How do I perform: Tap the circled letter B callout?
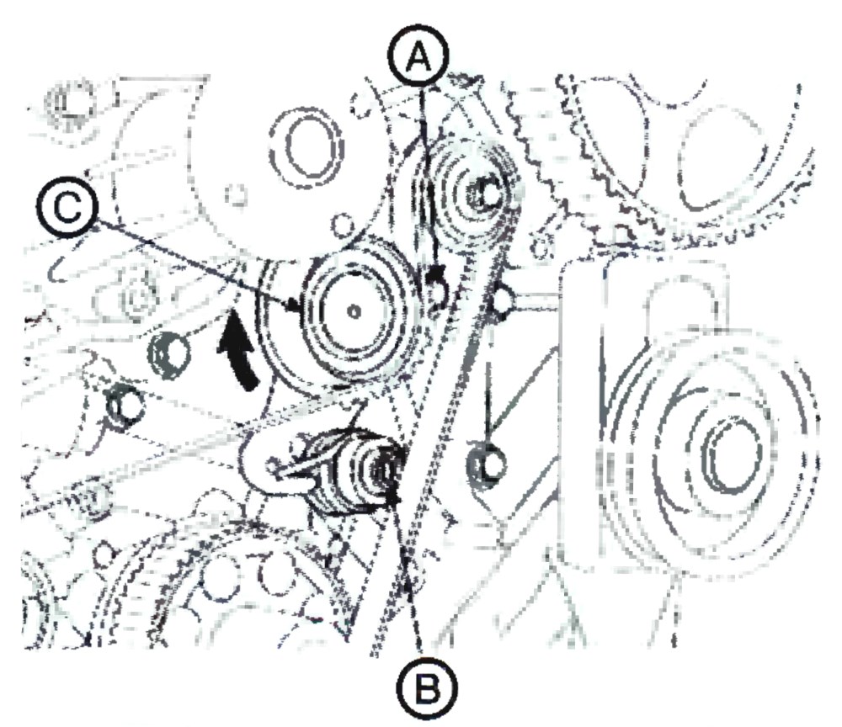pos(426,687)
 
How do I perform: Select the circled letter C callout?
pos(67,206)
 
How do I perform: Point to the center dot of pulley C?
pos(353,310)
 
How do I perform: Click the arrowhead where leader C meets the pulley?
pos(293,305)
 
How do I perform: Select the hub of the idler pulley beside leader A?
pos(484,194)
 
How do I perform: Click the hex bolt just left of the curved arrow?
pos(168,353)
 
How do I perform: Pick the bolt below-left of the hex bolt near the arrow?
pos(125,405)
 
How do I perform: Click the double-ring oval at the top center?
pos(306,146)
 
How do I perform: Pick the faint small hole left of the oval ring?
pos(236,194)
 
